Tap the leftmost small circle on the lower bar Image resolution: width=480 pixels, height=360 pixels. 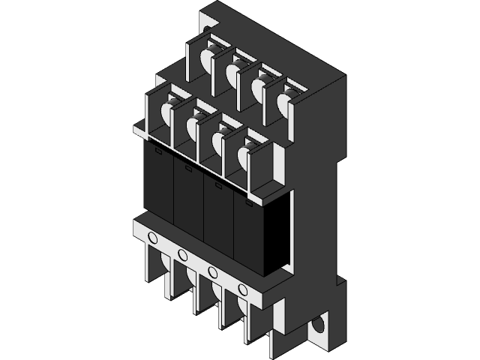[153, 238]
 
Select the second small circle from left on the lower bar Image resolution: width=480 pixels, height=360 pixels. [182, 256]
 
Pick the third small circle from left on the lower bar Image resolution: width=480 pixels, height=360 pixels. [213, 271]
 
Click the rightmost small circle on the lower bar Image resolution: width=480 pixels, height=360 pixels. [242, 289]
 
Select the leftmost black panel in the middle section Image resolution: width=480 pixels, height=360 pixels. [158, 183]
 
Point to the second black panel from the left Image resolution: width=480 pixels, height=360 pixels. [188, 200]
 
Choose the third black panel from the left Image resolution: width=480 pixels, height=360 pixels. [218, 217]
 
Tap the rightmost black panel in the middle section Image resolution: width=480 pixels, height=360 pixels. [248, 234]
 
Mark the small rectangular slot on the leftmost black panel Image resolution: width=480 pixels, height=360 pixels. [158, 150]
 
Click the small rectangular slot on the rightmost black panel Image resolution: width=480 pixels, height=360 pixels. [248, 200]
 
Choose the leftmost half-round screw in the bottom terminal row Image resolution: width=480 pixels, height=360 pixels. [160, 264]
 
